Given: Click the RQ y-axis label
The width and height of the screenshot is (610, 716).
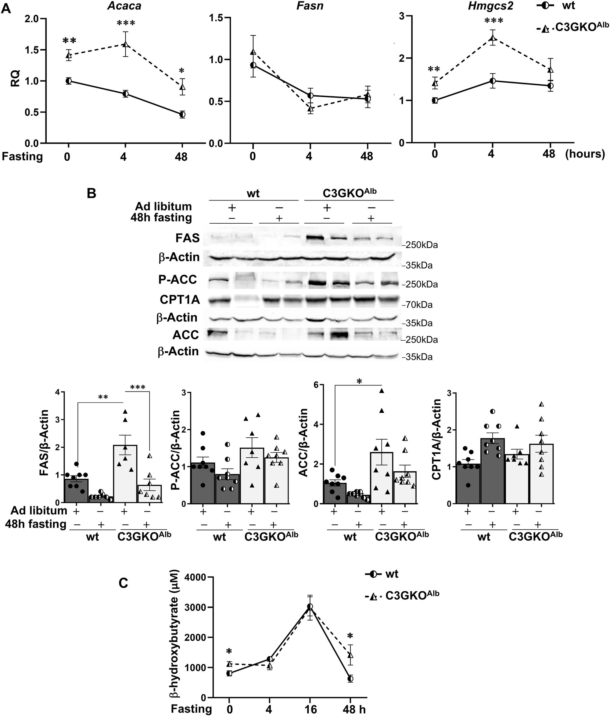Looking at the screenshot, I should click(16, 78).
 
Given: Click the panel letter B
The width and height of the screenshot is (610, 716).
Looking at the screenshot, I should click(91, 193).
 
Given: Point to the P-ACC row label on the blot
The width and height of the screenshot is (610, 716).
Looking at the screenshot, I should click(178, 279).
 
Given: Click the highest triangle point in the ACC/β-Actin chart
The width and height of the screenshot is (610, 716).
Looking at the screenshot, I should click(382, 391).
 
